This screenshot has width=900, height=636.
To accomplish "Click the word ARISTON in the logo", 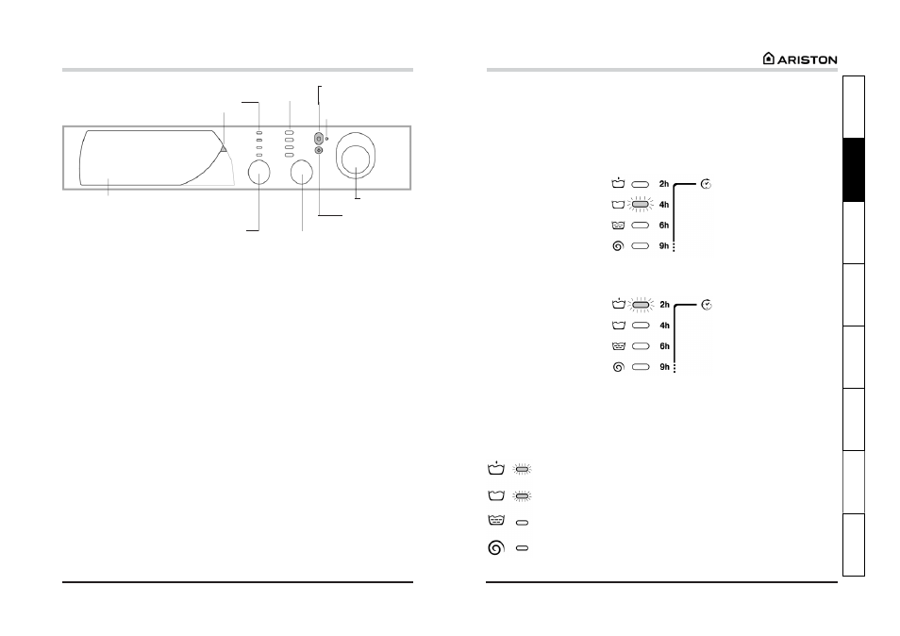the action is coord(807,59).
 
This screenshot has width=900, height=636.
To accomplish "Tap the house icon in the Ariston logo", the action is coord(769,58).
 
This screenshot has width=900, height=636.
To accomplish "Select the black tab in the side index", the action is coord(854,170).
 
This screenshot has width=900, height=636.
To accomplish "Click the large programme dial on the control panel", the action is coord(356,156).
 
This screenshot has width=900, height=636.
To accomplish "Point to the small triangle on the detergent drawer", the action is coord(224,149).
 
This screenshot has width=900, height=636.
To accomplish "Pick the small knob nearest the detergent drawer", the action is coord(258,172).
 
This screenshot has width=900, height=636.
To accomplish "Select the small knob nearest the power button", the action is coord(301,172).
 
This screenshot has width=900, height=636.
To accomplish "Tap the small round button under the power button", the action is coord(319,150).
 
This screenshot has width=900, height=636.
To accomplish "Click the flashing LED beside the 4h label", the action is coord(640,205).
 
